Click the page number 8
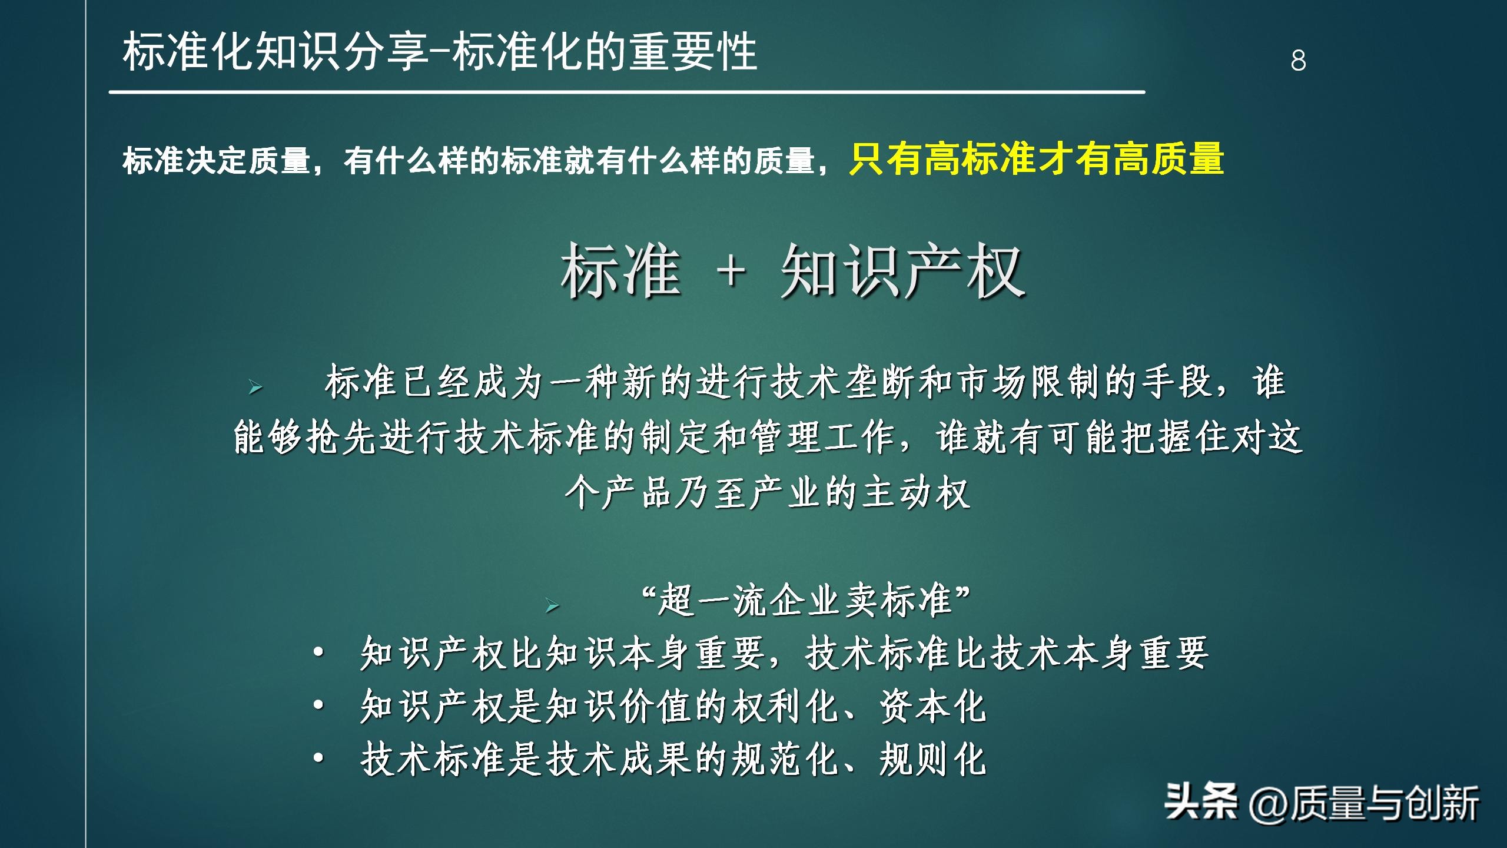(x=1298, y=60)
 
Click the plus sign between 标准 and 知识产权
(x=732, y=273)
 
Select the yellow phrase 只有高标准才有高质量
(x=1036, y=160)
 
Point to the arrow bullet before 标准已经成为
(x=255, y=387)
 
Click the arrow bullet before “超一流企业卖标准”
(x=552, y=605)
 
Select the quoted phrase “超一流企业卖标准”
(x=806, y=601)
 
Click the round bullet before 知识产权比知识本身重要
(x=318, y=652)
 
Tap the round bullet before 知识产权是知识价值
(x=318, y=705)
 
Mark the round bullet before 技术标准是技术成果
(x=318, y=758)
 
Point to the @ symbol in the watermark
(x=1268, y=804)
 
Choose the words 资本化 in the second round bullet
(x=932, y=707)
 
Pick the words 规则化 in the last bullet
(x=932, y=760)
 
